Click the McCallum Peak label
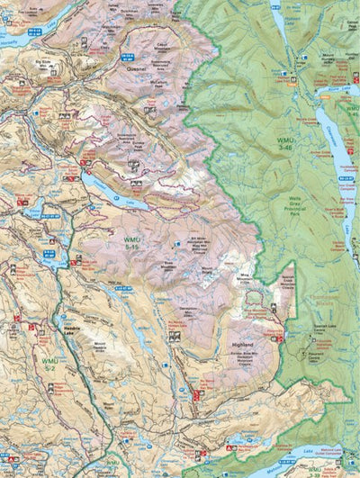click(x=159, y=86)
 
